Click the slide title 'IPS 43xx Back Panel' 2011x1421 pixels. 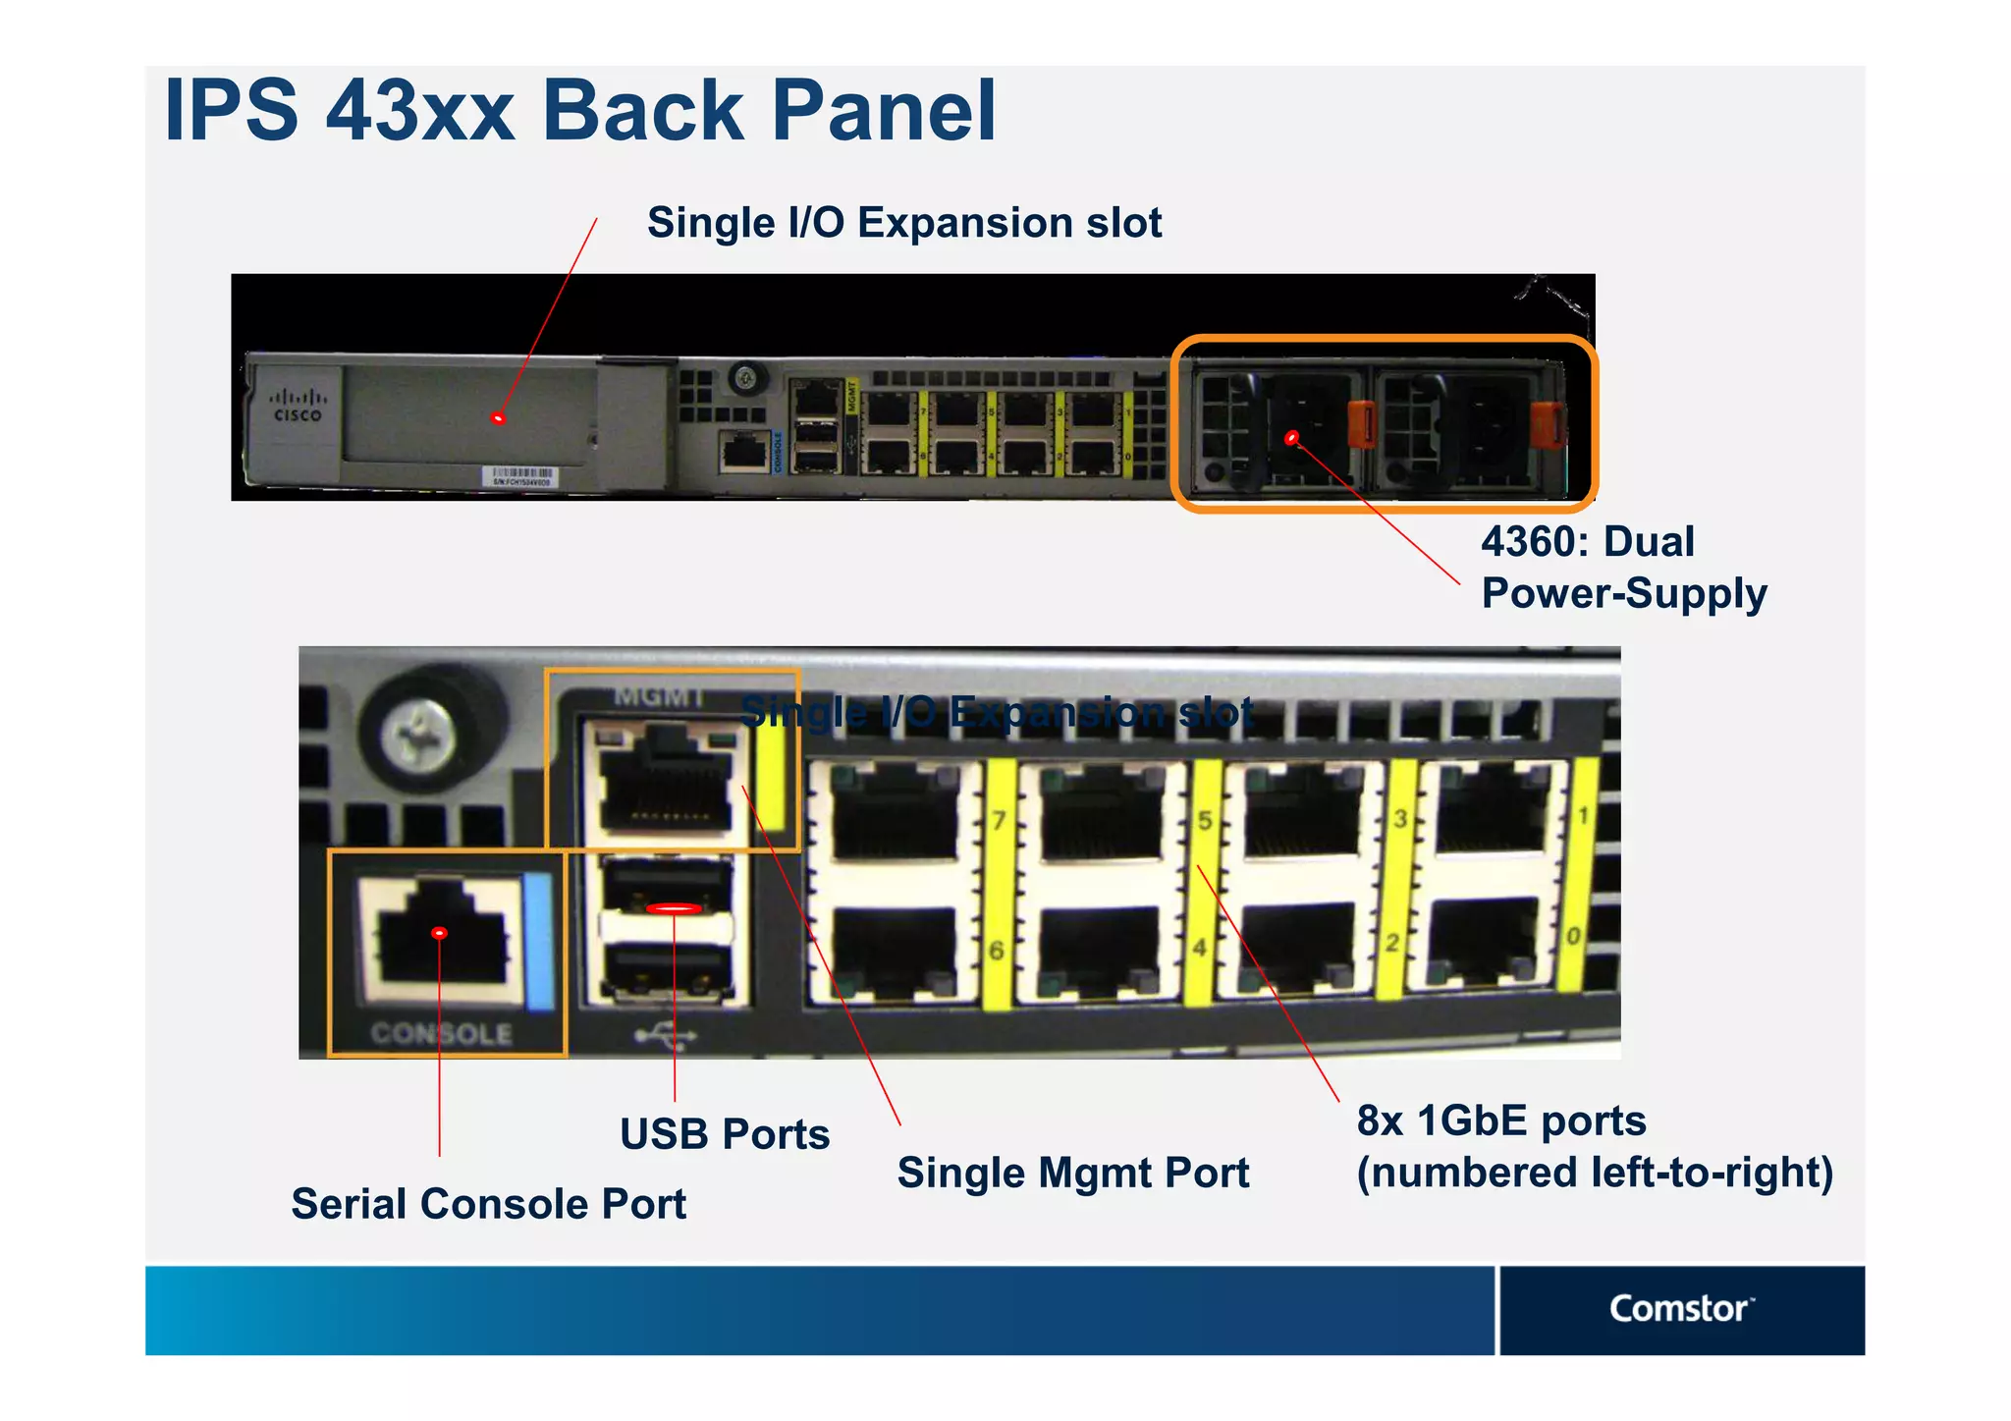579,110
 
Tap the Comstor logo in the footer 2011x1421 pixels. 1680,1308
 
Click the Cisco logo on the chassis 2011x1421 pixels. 298,405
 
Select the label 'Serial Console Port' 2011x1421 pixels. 488,1204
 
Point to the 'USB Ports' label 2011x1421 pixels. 725,1134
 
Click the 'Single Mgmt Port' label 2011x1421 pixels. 1072,1173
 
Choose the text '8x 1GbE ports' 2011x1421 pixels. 1500,1120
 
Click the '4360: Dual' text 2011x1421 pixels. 1587,542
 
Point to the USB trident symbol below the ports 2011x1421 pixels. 665,1035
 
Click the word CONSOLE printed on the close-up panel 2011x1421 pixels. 442,1033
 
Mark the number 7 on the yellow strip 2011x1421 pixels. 999,820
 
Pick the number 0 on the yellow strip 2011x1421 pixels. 1573,936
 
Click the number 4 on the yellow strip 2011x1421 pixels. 1199,948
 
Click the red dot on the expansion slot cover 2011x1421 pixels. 498,419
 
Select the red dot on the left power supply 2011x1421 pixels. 1291,438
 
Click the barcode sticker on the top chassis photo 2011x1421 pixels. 523,476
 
